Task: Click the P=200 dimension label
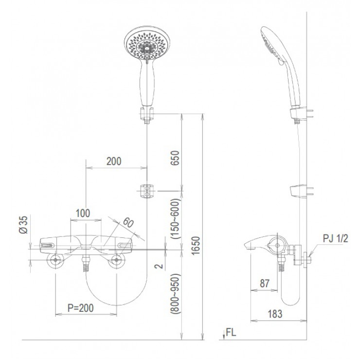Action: [80, 308]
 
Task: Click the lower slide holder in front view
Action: [146, 191]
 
